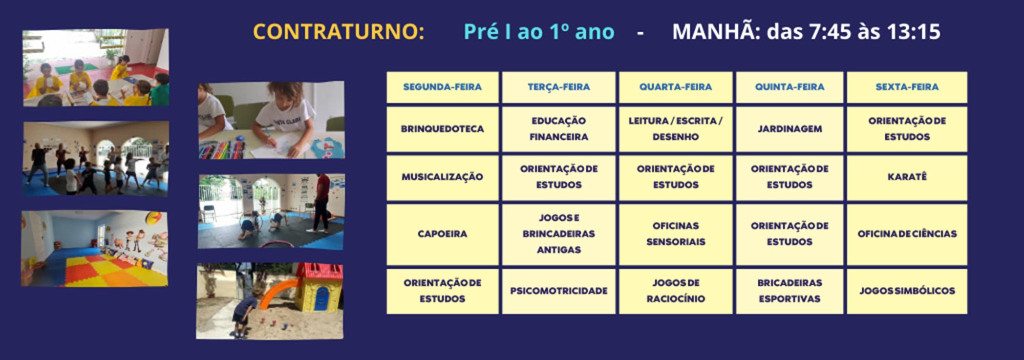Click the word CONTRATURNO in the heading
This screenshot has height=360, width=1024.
click(338, 32)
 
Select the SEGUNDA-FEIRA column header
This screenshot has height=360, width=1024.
click(442, 87)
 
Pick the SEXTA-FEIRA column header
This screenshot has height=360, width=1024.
click(907, 87)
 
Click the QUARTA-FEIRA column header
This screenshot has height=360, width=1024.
click(675, 87)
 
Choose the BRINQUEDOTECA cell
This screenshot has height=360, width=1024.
click(442, 129)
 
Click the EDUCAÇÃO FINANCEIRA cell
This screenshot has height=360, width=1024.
click(559, 129)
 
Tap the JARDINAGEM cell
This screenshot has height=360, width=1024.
click(790, 129)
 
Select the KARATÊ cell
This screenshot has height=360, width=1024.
click(907, 177)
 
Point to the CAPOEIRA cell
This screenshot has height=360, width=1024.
click(442, 234)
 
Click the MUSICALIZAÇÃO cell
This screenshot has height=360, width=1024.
click(442, 177)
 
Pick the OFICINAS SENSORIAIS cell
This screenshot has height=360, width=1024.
click(675, 234)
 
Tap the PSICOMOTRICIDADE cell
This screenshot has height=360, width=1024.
click(559, 291)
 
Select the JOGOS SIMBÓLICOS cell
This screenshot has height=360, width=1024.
click(907, 291)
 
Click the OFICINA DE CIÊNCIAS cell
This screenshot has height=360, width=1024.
click(907, 234)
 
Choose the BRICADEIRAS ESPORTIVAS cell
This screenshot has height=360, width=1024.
click(790, 291)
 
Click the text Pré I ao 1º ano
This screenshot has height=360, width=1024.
click(539, 32)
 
